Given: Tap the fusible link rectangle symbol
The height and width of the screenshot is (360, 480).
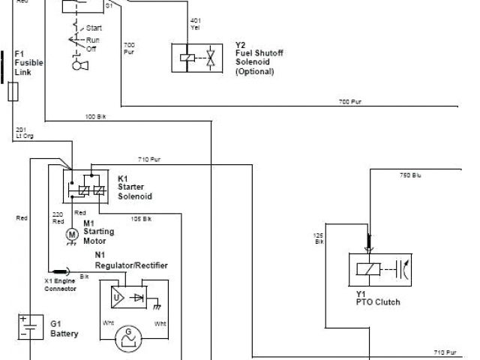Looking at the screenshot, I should point(13,92).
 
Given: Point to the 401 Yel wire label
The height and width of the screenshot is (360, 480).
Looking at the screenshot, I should point(196,22).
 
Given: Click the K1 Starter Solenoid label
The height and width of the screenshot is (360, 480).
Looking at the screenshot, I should point(135,187).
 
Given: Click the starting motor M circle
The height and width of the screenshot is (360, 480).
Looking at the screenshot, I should point(72,235).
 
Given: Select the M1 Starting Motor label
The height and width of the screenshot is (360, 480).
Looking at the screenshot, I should point(99,232).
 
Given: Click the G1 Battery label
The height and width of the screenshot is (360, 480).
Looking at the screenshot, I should point(64,328).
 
